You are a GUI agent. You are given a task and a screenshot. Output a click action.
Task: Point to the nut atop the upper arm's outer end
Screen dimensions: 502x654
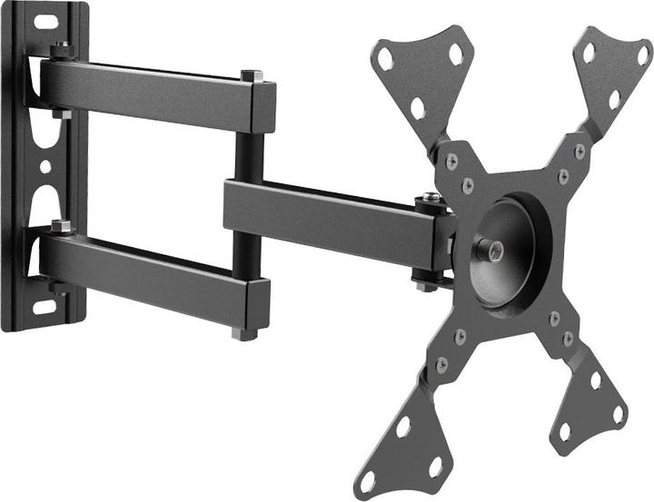coord(252,75)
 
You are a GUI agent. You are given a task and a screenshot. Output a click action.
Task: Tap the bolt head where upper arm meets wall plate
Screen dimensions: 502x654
coord(61,48)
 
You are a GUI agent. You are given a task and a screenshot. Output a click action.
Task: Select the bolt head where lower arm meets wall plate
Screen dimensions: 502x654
coord(62,225)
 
